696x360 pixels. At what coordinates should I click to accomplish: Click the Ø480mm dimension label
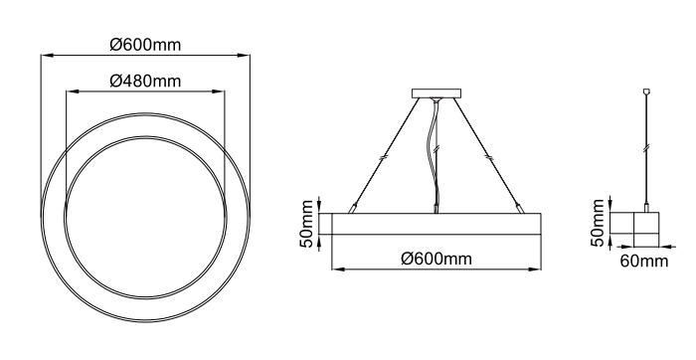coord(145,81)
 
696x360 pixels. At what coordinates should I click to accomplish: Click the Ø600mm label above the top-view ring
coord(145,45)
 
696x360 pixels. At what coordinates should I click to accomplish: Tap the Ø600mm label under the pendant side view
coord(436,259)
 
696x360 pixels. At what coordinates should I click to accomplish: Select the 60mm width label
coord(644,261)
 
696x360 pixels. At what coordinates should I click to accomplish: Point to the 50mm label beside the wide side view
coord(306,224)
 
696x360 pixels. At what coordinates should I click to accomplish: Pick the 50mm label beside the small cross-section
coord(598,223)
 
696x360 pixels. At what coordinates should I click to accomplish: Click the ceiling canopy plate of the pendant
coord(436,93)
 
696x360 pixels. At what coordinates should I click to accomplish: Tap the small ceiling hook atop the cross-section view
coord(646,91)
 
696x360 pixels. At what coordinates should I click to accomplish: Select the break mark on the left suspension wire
coord(384,157)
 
